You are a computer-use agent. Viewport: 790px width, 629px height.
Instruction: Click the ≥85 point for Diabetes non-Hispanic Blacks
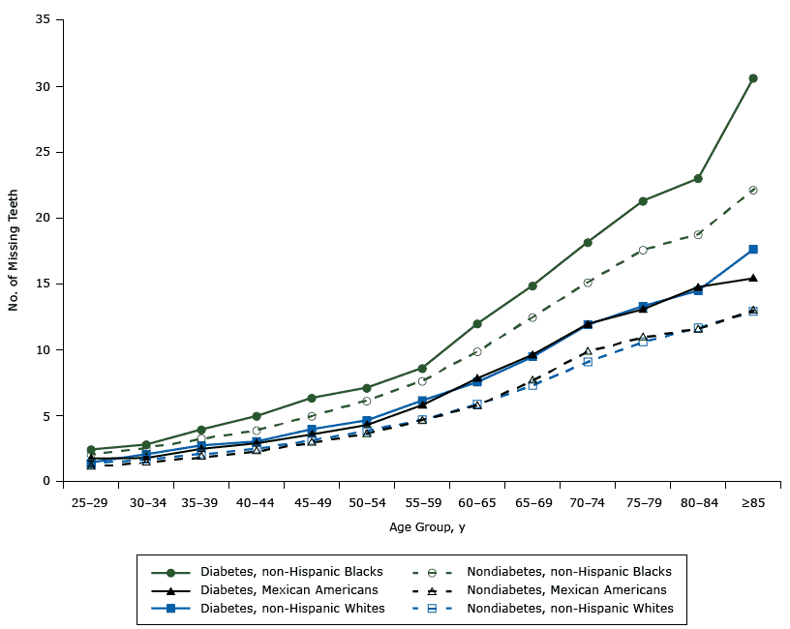click(x=753, y=78)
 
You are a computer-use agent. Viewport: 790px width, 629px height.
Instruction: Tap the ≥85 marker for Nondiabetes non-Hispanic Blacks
click(x=753, y=190)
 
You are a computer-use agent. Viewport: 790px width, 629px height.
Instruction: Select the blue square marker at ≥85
click(x=753, y=250)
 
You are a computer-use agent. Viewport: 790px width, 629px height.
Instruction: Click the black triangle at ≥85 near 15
click(x=753, y=279)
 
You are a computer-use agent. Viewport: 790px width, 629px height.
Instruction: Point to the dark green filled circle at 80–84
click(x=698, y=179)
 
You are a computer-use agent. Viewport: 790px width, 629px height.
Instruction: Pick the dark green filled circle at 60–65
click(x=477, y=324)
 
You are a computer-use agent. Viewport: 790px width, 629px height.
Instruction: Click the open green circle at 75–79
click(x=643, y=250)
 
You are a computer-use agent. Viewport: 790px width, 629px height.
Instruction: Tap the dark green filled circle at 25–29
click(x=91, y=450)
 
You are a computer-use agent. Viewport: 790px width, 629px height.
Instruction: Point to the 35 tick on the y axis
click(x=44, y=20)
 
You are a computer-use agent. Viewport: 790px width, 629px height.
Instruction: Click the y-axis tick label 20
click(x=44, y=218)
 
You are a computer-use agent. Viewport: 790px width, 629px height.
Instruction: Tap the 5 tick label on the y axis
click(x=46, y=415)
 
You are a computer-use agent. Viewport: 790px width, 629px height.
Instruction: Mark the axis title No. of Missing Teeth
click(x=15, y=250)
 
